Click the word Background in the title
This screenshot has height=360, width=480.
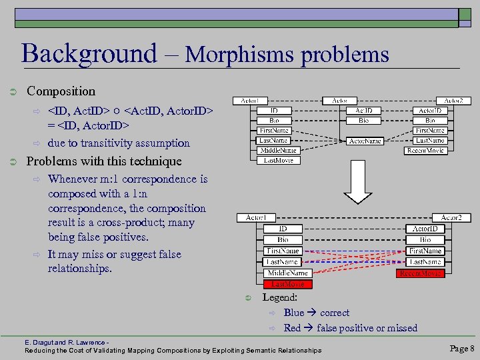click(x=89, y=53)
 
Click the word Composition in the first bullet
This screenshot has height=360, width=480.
click(x=61, y=91)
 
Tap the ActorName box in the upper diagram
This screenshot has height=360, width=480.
click(x=363, y=141)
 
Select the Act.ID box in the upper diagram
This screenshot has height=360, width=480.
click(x=363, y=111)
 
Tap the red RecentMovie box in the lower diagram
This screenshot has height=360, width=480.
click(x=419, y=273)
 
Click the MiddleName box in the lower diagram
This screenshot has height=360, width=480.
click(x=287, y=273)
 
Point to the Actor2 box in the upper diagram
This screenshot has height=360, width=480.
click(x=457, y=101)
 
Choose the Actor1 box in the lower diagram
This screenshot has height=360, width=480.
click(x=256, y=218)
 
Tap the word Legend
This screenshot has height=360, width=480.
click(x=279, y=297)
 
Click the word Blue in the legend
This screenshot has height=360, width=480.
click(x=293, y=313)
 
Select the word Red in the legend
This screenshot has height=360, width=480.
click(x=292, y=328)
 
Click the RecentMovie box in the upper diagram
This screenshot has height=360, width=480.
click(x=425, y=151)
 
